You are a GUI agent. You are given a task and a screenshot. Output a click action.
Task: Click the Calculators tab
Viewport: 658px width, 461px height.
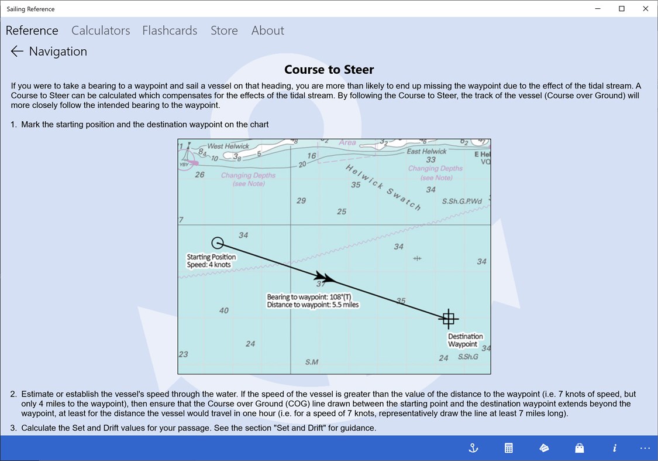click(101, 30)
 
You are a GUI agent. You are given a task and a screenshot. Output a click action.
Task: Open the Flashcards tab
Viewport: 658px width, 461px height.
click(170, 30)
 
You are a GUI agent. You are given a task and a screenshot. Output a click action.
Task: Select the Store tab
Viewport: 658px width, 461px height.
click(224, 30)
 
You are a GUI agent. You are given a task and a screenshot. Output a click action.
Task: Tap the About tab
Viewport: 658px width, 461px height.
click(267, 30)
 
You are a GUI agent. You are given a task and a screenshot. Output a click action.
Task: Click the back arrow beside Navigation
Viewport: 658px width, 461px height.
click(17, 52)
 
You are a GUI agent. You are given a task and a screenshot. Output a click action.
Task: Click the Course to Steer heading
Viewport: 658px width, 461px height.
click(329, 70)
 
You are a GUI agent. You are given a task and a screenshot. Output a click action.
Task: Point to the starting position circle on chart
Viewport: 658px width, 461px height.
click(218, 243)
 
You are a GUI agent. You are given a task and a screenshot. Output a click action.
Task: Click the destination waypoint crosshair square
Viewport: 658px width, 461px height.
click(449, 319)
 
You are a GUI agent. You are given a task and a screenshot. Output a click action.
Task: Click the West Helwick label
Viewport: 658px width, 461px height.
click(228, 146)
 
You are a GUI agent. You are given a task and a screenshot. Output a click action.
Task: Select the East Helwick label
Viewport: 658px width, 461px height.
click(426, 151)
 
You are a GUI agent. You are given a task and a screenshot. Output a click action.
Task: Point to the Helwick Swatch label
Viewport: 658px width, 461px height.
click(383, 187)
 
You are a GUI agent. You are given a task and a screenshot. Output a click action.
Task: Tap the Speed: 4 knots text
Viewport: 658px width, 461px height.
click(209, 265)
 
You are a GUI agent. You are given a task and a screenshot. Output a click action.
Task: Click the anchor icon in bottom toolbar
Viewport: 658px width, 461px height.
click(474, 448)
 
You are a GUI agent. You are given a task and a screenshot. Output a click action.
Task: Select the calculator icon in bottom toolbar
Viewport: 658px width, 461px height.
click(509, 448)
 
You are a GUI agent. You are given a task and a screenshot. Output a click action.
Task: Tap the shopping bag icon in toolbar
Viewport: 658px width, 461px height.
click(579, 448)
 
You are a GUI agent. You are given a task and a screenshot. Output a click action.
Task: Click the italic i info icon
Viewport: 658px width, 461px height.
click(615, 448)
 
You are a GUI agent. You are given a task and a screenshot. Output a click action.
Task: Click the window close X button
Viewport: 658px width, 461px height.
click(646, 9)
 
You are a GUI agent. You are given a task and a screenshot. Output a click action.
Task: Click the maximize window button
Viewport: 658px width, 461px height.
click(622, 9)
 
